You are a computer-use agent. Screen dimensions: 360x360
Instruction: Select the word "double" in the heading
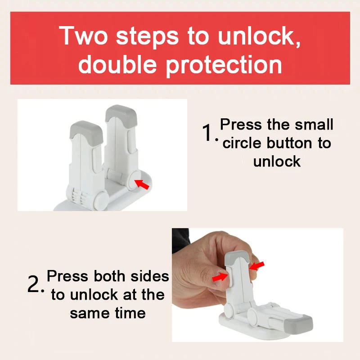click(x=118, y=64)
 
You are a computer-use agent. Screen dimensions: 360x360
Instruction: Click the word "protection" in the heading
click(x=224, y=65)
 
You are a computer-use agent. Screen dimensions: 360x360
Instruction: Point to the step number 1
click(x=207, y=133)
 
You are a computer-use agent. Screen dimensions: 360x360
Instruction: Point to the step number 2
click(x=35, y=285)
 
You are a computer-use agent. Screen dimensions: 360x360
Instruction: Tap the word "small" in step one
click(x=314, y=124)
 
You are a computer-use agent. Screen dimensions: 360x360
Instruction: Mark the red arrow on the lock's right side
click(x=257, y=266)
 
